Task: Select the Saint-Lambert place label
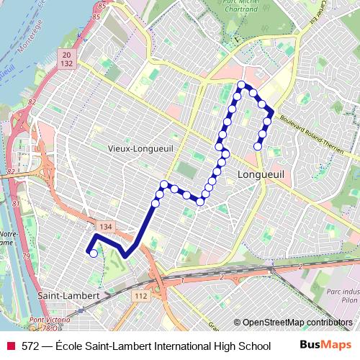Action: point(63,296)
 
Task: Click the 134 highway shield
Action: point(106,227)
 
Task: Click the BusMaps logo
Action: point(326,346)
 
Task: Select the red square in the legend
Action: point(10,346)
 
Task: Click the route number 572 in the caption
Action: point(30,346)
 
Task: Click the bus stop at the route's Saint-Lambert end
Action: point(93,253)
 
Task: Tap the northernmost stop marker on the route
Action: point(240,85)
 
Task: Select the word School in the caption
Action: point(253,346)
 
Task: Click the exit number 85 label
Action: point(99,6)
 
